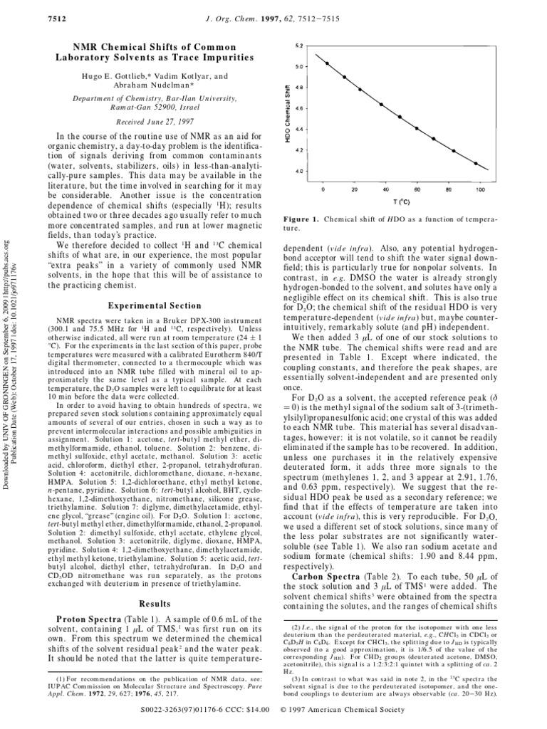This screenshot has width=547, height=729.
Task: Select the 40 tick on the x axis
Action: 385,190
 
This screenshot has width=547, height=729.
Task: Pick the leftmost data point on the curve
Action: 327,63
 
